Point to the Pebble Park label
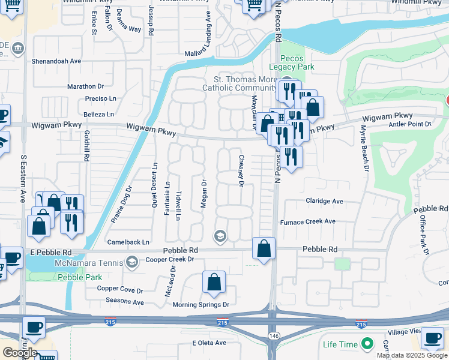click(80, 277)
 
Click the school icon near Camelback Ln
click(220, 236)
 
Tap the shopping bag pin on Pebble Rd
click(264, 249)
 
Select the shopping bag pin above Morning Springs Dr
click(214, 283)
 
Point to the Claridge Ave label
click(324, 202)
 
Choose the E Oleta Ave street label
click(209, 343)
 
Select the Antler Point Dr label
click(411, 124)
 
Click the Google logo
click(19, 353)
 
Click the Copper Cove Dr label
click(121, 289)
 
